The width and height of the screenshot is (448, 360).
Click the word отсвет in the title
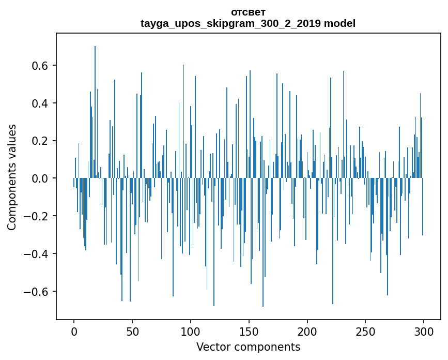click(248, 12)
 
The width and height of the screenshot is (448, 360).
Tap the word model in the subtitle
click(339, 23)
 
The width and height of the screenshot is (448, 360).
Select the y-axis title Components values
click(12, 177)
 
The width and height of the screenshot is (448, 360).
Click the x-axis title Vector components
click(248, 347)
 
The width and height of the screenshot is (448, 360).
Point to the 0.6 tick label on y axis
click(39, 66)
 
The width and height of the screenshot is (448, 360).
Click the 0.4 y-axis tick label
click(39, 103)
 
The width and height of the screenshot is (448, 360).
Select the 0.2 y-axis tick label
click(39, 141)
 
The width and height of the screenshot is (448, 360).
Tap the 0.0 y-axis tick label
click(39, 178)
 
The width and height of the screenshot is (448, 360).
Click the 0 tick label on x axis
click(74, 331)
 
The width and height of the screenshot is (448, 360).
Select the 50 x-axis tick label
click(132, 331)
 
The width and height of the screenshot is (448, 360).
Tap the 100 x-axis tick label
click(191, 331)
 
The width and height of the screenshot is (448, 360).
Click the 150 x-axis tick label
click(249, 331)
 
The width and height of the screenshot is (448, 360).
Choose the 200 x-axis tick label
click(307, 331)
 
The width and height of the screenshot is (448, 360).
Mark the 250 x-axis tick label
click(366, 331)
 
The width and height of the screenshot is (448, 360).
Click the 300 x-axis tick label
click(424, 331)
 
